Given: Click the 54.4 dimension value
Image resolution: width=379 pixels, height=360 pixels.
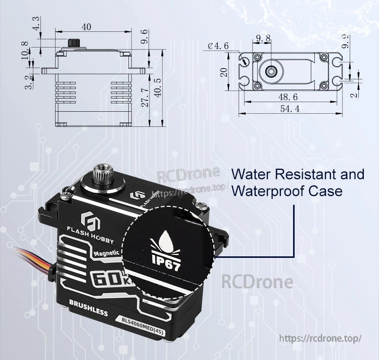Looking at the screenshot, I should pyautogui.click(x=290, y=109).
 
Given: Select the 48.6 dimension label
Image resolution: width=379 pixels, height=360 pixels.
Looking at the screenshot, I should pyautogui.click(x=288, y=97).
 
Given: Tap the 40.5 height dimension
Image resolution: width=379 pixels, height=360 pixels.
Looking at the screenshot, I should pyautogui.click(x=158, y=88).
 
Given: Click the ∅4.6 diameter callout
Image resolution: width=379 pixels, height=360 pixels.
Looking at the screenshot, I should pyautogui.click(x=218, y=46).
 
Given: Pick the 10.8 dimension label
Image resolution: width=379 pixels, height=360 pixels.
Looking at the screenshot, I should pyautogui.click(x=25, y=51).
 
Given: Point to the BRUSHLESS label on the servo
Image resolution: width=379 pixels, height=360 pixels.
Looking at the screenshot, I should pyautogui.click(x=88, y=309).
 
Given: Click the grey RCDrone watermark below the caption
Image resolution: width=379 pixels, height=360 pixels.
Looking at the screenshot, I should pyautogui.click(x=257, y=282).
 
